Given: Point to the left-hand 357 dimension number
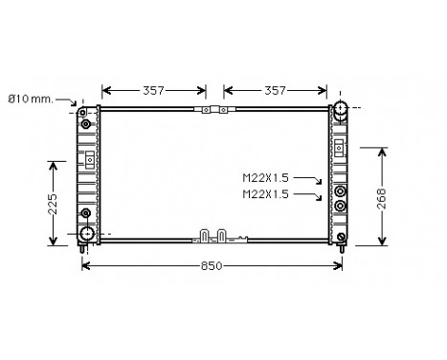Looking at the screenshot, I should [x=153, y=91].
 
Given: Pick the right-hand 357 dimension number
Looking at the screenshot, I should [x=276, y=91].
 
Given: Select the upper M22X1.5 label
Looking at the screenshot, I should [x=265, y=178].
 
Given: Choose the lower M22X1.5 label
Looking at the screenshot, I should [x=265, y=194].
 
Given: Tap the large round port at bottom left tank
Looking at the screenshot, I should [x=88, y=233].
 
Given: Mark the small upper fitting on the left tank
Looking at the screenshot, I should [x=87, y=124].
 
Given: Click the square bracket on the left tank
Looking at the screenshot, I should [x=89, y=158].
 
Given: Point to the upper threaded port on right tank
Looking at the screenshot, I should [x=342, y=188].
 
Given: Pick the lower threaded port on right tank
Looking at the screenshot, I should [x=342, y=204].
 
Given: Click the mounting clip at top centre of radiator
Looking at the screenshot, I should [x=215, y=109].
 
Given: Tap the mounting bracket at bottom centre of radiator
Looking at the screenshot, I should [x=214, y=233].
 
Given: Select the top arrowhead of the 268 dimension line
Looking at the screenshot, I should [x=383, y=151].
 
